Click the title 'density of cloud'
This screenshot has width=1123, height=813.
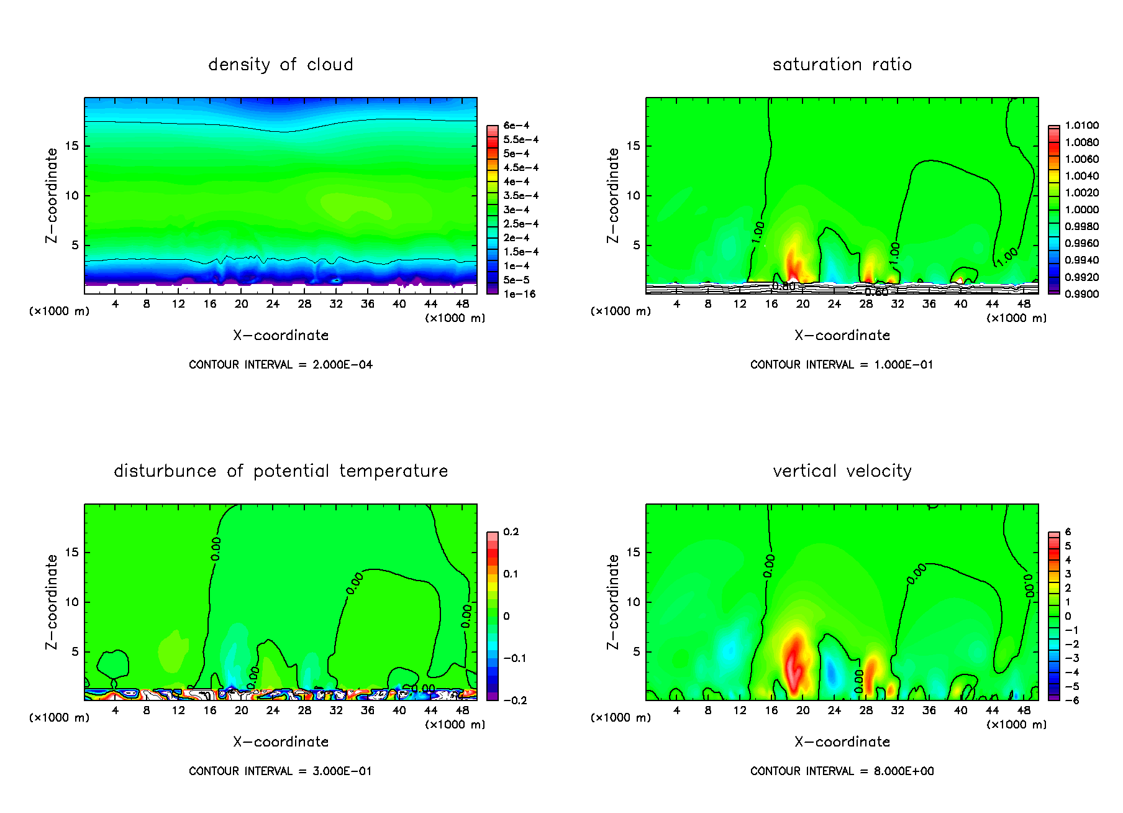pyautogui.click(x=281, y=65)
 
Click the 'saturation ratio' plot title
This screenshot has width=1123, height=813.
pyautogui.click(x=842, y=65)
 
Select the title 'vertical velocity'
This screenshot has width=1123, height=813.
pyautogui.click(x=842, y=471)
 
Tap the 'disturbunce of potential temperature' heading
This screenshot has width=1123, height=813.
pyautogui.click(x=281, y=471)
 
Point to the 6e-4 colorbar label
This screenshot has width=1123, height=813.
pyautogui.click(x=516, y=126)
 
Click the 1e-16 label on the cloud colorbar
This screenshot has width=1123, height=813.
pyautogui.click(x=519, y=294)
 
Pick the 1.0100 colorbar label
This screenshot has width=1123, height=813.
pyautogui.click(x=1081, y=126)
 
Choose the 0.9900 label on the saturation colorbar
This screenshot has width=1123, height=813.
pyautogui.click(x=1081, y=294)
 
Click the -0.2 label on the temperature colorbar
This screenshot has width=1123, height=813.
pyautogui.click(x=514, y=700)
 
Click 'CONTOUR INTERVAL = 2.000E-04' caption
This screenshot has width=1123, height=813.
pyautogui.click(x=281, y=365)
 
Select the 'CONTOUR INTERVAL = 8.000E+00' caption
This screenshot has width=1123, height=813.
pyautogui.click(x=842, y=771)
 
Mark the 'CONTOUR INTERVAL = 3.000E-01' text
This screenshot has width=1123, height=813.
pyautogui.click(x=281, y=771)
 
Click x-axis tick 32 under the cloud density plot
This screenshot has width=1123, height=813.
pyautogui.click(x=336, y=304)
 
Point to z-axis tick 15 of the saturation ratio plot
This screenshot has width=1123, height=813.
pyautogui.click(x=633, y=146)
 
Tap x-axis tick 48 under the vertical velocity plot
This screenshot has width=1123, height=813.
pyautogui.click(x=1024, y=710)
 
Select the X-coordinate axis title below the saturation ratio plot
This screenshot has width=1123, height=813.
pyautogui.click(x=842, y=336)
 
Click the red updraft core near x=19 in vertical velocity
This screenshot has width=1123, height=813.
pyautogui.click(x=794, y=662)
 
